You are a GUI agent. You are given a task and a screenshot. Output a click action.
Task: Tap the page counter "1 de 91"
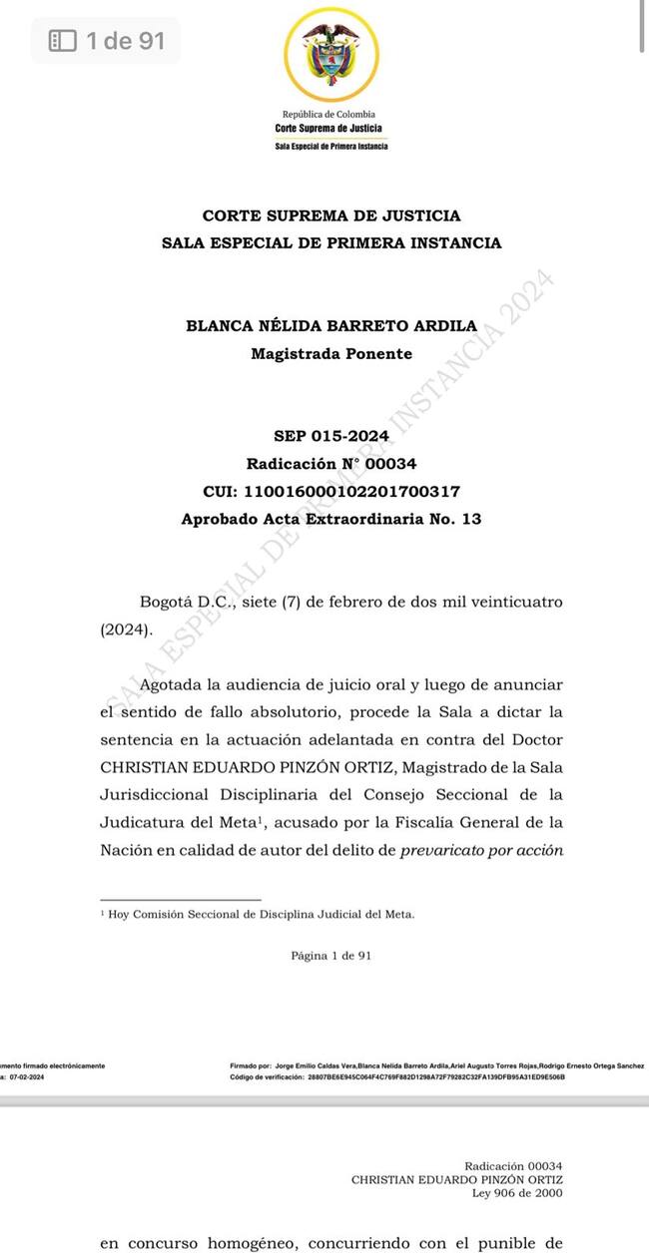click(125, 41)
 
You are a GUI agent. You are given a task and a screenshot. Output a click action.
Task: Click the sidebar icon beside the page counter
click(63, 41)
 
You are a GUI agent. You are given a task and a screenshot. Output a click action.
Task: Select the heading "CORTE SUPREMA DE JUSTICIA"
click(331, 215)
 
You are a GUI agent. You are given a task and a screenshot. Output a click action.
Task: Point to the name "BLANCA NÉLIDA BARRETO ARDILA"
click(331, 326)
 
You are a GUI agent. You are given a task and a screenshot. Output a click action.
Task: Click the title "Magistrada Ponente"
click(331, 354)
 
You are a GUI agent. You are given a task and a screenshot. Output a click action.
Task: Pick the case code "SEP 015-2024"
click(331, 436)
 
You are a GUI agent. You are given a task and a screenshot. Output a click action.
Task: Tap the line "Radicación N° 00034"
click(331, 464)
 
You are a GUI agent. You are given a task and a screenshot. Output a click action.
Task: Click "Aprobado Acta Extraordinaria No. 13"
click(331, 520)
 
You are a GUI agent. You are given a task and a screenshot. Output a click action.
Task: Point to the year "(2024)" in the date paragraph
click(125, 630)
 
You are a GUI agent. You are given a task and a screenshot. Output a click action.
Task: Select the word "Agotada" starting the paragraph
click(171, 684)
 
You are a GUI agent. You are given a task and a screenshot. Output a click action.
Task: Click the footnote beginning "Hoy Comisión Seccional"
click(261, 914)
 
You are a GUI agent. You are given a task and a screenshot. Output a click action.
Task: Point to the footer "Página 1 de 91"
click(331, 956)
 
